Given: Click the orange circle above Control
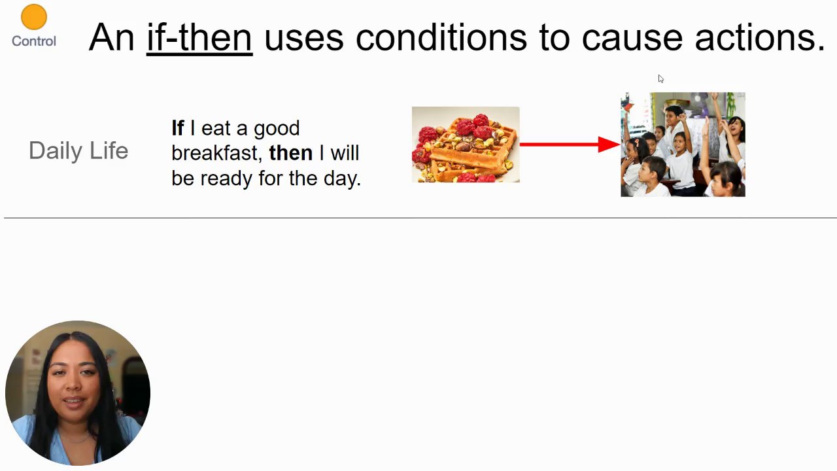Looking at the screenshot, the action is [x=34, y=17].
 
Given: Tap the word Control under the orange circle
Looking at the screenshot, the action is [x=34, y=41].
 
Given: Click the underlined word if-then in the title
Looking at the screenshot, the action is [x=199, y=38].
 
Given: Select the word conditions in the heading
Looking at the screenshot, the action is [x=441, y=38].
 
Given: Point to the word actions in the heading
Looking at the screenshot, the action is [x=760, y=38].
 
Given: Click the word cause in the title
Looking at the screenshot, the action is [x=632, y=39].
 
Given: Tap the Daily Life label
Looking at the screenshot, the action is [x=78, y=151].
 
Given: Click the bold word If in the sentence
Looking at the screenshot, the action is [x=178, y=128].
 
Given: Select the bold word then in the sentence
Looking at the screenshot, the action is [x=291, y=153].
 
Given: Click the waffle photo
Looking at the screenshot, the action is [x=466, y=145].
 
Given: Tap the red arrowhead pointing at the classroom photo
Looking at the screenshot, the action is [x=609, y=145].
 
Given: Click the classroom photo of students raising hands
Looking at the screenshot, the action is [x=683, y=145].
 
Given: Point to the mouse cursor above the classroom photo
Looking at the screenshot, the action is [x=660, y=79].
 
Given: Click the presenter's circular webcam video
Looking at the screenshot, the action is [x=78, y=393].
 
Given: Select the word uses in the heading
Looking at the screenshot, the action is [x=304, y=39].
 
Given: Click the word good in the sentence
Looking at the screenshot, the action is [x=277, y=129].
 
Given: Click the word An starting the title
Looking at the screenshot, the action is [x=111, y=38].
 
